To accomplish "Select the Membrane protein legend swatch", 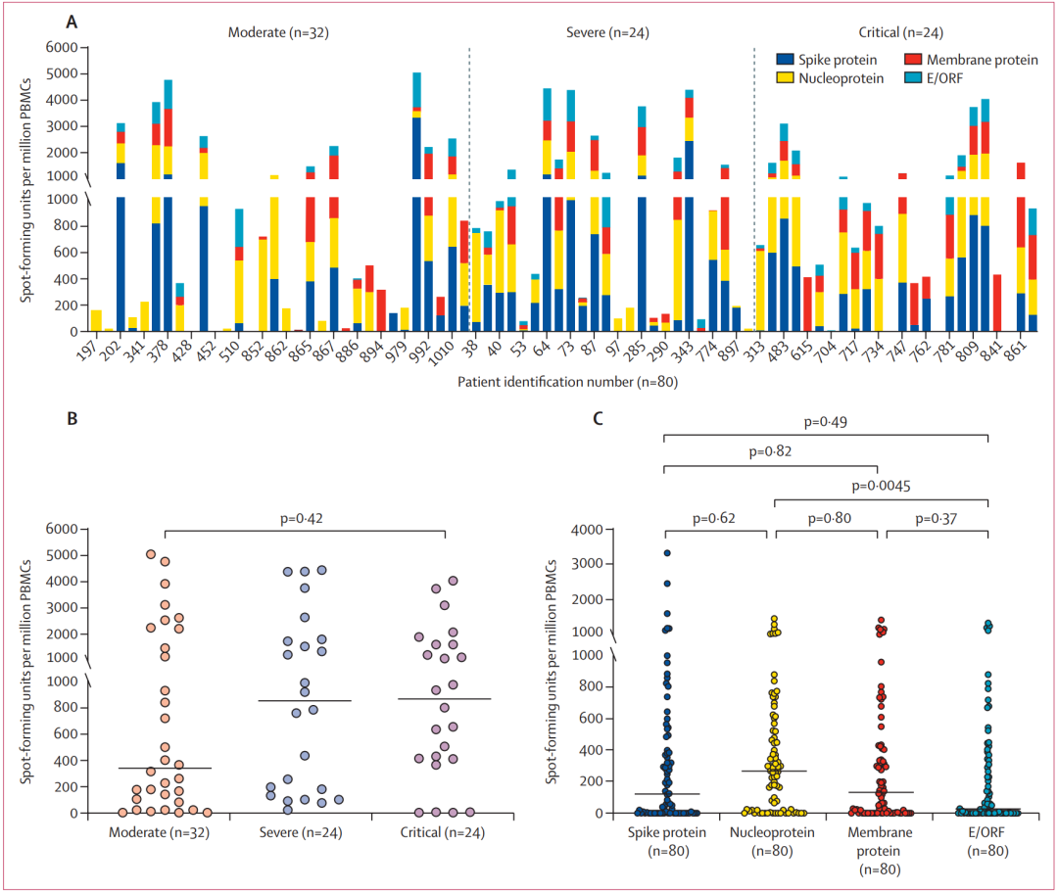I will pyautogui.click(x=913, y=60).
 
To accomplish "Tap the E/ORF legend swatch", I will pyautogui.click(x=913, y=76).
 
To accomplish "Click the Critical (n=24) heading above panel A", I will pyautogui.click(x=901, y=31).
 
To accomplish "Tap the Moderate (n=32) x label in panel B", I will pyautogui.click(x=164, y=832).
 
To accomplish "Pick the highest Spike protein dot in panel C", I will pyautogui.click(x=666, y=553).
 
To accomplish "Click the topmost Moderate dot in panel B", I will pyautogui.click(x=151, y=554).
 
